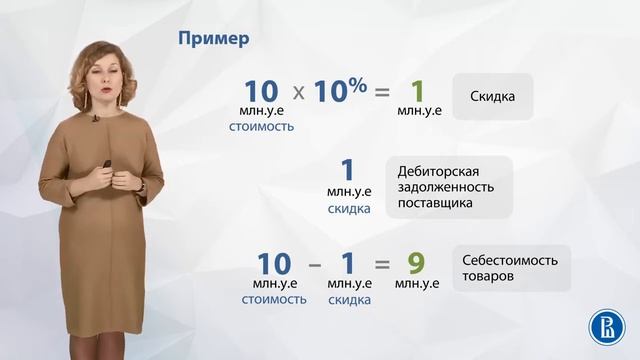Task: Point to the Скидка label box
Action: [491, 97]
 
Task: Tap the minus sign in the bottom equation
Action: [314, 265]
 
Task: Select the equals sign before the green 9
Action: [382, 265]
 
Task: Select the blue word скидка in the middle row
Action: [349, 210]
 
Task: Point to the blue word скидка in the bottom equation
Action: [349, 299]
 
